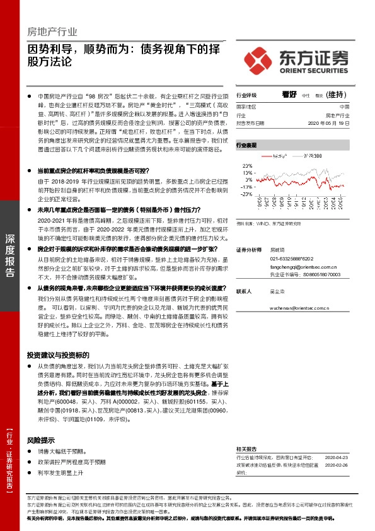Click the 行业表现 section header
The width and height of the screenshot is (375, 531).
point(246,144)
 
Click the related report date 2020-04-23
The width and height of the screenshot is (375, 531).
point(337,457)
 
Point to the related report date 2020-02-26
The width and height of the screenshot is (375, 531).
point(337,465)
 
